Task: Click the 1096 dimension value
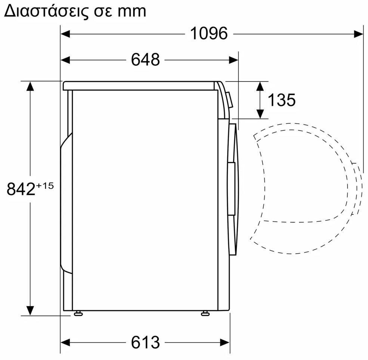208,33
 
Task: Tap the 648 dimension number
145,60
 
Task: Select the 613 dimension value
145,342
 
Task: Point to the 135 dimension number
282,100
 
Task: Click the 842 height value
21,189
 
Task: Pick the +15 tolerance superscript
44,186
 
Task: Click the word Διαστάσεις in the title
47,11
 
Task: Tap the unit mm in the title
132,12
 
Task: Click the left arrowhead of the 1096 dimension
65,34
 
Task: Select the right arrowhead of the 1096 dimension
359,34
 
